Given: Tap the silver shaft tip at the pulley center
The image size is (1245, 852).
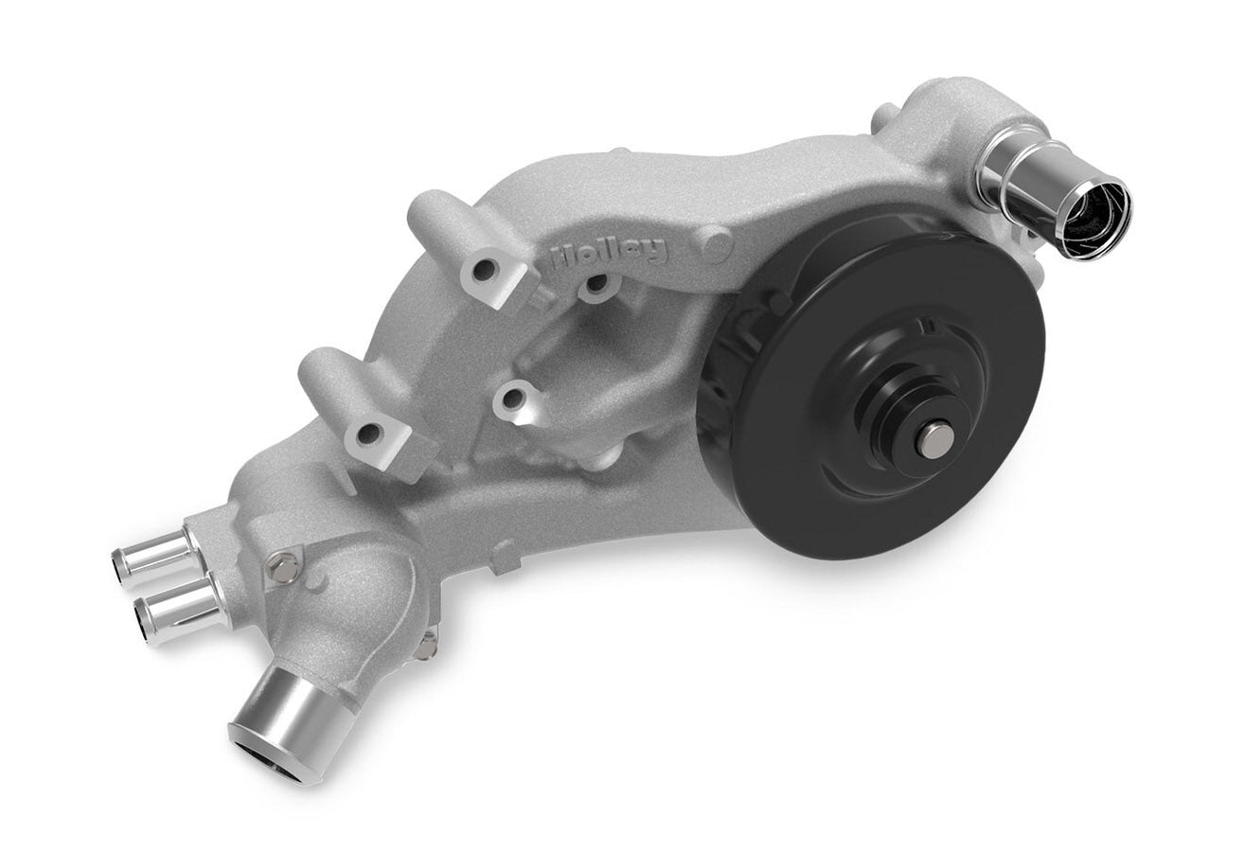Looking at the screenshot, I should click(x=934, y=440).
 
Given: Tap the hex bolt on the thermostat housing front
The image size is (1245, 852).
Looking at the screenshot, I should click(x=282, y=568).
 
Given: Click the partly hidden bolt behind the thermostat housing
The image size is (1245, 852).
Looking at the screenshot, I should click(x=427, y=646).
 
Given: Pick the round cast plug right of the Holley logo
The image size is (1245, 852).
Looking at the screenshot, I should click(x=717, y=246).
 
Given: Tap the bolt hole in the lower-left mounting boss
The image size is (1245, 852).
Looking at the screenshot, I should click(x=369, y=435).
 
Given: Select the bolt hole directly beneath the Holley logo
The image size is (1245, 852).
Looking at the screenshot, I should click(x=596, y=283).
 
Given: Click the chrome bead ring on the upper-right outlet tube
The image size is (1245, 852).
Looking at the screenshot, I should click(x=1004, y=170).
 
